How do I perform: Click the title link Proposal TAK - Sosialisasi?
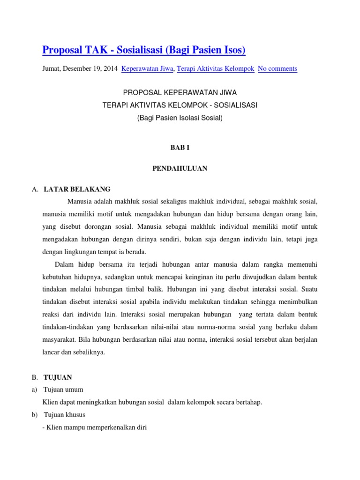(x=143, y=50)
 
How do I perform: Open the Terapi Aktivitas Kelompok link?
(x=216, y=68)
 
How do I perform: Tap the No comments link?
(x=277, y=68)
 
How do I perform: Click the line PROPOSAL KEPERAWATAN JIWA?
(x=180, y=93)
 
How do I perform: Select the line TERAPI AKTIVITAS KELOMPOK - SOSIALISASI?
(x=180, y=105)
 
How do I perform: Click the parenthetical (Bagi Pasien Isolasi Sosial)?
(x=180, y=118)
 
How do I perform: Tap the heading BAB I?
(x=180, y=147)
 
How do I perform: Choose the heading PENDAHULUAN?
(x=180, y=168)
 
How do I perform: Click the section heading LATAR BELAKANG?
(x=77, y=189)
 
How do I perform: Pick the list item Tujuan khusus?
(x=65, y=415)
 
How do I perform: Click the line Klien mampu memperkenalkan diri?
(x=94, y=427)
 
